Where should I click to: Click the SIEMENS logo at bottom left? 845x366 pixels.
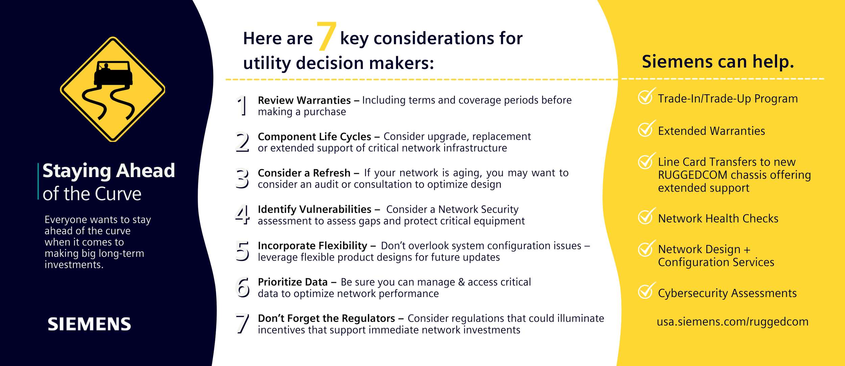click(89, 324)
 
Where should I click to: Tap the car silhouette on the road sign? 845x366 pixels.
click(113, 74)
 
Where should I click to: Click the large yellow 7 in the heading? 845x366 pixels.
click(326, 36)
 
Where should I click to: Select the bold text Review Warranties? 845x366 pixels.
click(304, 100)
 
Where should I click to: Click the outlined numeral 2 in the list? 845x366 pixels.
click(242, 142)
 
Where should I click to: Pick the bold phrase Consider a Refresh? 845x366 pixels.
click(304, 173)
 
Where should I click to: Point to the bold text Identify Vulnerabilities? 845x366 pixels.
click(314, 210)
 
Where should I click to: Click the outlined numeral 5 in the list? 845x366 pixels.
click(242, 251)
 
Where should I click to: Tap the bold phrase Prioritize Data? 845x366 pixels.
click(293, 282)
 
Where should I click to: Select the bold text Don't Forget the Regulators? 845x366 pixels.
click(326, 318)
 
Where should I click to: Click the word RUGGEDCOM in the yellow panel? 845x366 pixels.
click(687, 175)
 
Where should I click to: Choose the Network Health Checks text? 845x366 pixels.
click(718, 219)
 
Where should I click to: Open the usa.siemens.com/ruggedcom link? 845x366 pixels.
click(732, 322)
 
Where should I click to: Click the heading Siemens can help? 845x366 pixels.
click(718, 62)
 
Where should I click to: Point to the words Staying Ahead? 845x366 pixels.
click(109, 171)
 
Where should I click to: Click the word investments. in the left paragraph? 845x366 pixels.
click(74, 265)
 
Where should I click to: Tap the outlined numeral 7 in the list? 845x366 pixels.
click(242, 323)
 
